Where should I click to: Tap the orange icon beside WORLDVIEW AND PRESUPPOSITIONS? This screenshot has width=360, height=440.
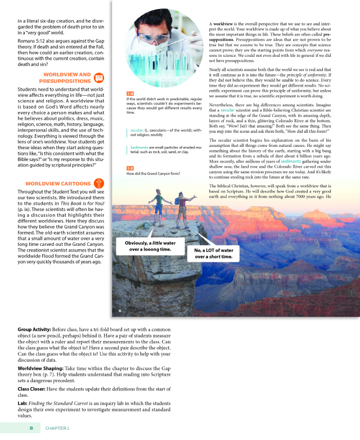tap(100, 78)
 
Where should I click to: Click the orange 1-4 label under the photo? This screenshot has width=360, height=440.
tap(130, 94)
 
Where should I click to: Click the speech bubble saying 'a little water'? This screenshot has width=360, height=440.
tap(146, 245)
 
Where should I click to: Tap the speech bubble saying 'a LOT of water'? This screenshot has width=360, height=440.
tap(213, 253)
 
